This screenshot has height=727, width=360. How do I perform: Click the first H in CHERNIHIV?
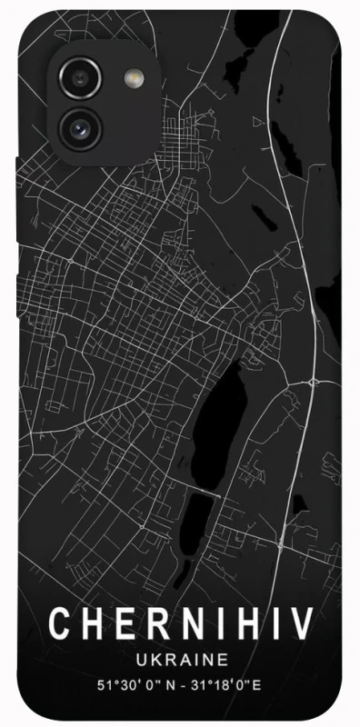pos(90,626)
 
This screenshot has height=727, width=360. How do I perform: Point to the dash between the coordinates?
pos(180,682)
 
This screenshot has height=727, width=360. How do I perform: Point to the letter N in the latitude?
pos(164,682)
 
